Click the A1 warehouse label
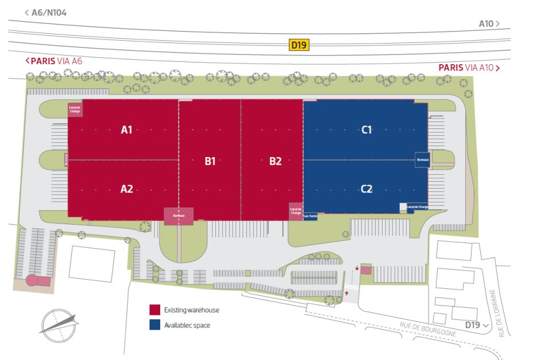tap(127, 130)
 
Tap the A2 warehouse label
tap(127, 188)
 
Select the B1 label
tap(210, 161)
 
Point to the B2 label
tap(275, 161)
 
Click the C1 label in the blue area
tap(367, 130)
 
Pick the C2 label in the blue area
tap(367, 188)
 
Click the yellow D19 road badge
tap(299, 44)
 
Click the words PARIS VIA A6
tap(57, 61)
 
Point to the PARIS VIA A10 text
tap(468, 68)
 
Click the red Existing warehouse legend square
tap(154, 310)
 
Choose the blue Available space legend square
tap(154, 324)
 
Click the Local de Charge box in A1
tap(75, 108)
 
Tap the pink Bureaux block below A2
tap(178, 216)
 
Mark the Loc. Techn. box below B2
tap(310, 216)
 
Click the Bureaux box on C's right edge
tap(423, 159)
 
